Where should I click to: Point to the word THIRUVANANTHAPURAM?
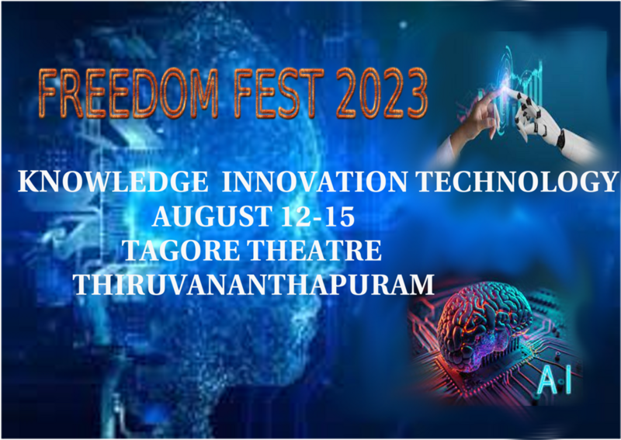pyautogui.click(x=254, y=284)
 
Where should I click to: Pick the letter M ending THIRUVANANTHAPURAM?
pyautogui.click(x=419, y=284)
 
